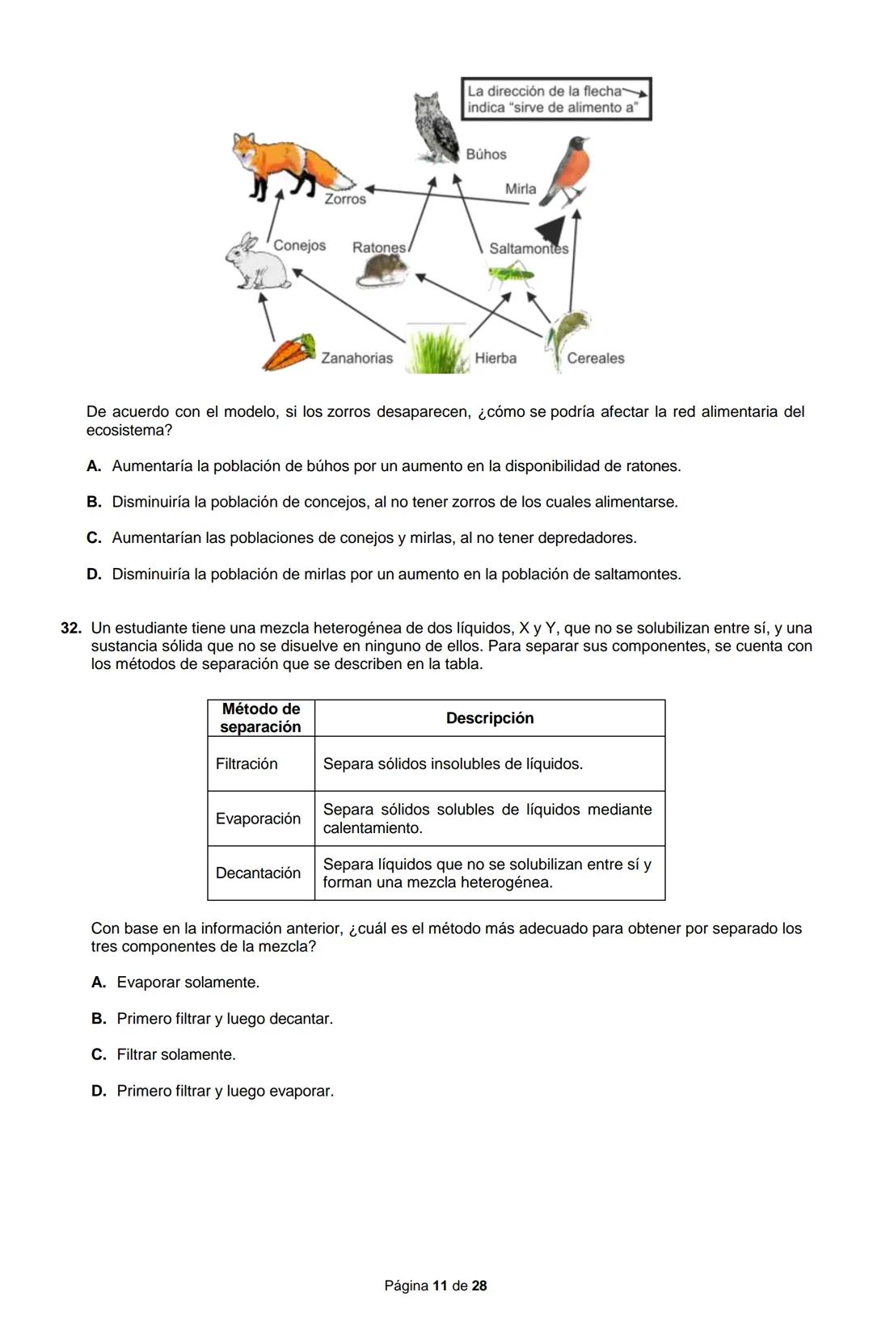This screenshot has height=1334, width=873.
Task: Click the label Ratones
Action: click(x=378, y=247)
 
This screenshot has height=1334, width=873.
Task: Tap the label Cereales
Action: click(x=595, y=358)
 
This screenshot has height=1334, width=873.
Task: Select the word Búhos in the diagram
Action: click(x=486, y=154)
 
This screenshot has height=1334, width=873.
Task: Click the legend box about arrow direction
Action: click(x=556, y=99)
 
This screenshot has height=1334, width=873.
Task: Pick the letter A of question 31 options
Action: click(x=94, y=466)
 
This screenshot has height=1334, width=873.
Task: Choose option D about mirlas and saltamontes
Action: click(x=396, y=574)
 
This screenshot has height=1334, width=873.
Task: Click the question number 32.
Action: click(x=71, y=628)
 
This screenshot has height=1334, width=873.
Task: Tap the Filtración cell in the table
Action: click(x=247, y=764)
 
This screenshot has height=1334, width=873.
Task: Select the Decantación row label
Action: click(x=258, y=873)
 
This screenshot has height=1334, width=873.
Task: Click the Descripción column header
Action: click(x=490, y=718)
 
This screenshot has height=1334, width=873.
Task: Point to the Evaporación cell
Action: click(x=258, y=818)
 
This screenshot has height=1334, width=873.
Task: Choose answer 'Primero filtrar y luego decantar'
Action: click(x=225, y=1019)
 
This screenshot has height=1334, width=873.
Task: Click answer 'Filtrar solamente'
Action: click(x=176, y=1054)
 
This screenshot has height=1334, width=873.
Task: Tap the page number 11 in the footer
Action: click(x=440, y=1286)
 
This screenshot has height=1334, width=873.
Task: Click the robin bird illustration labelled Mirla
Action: click(x=567, y=170)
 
